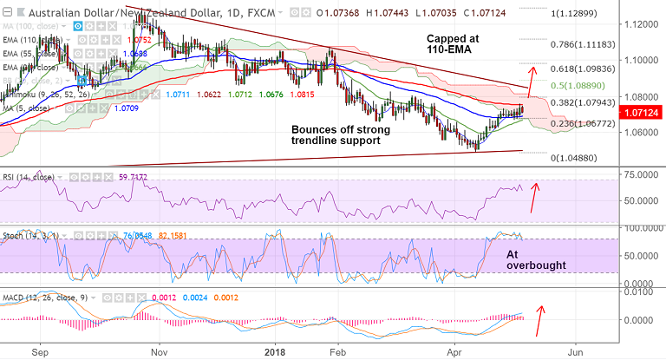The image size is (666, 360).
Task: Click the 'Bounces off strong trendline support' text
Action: pyautogui.click(x=341, y=134)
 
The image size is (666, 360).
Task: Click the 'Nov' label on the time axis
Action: pyautogui.click(x=158, y=353)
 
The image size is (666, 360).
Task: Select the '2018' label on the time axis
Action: pyautogui.click(x=274, y=353)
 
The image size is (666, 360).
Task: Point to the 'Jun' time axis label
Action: pyautogui.click(x=573, y=353)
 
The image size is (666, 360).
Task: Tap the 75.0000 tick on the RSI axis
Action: pyautogui.click(x=641, y=174)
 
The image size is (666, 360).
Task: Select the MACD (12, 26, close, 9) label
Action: pyautogui.click(x=40, y=298)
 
